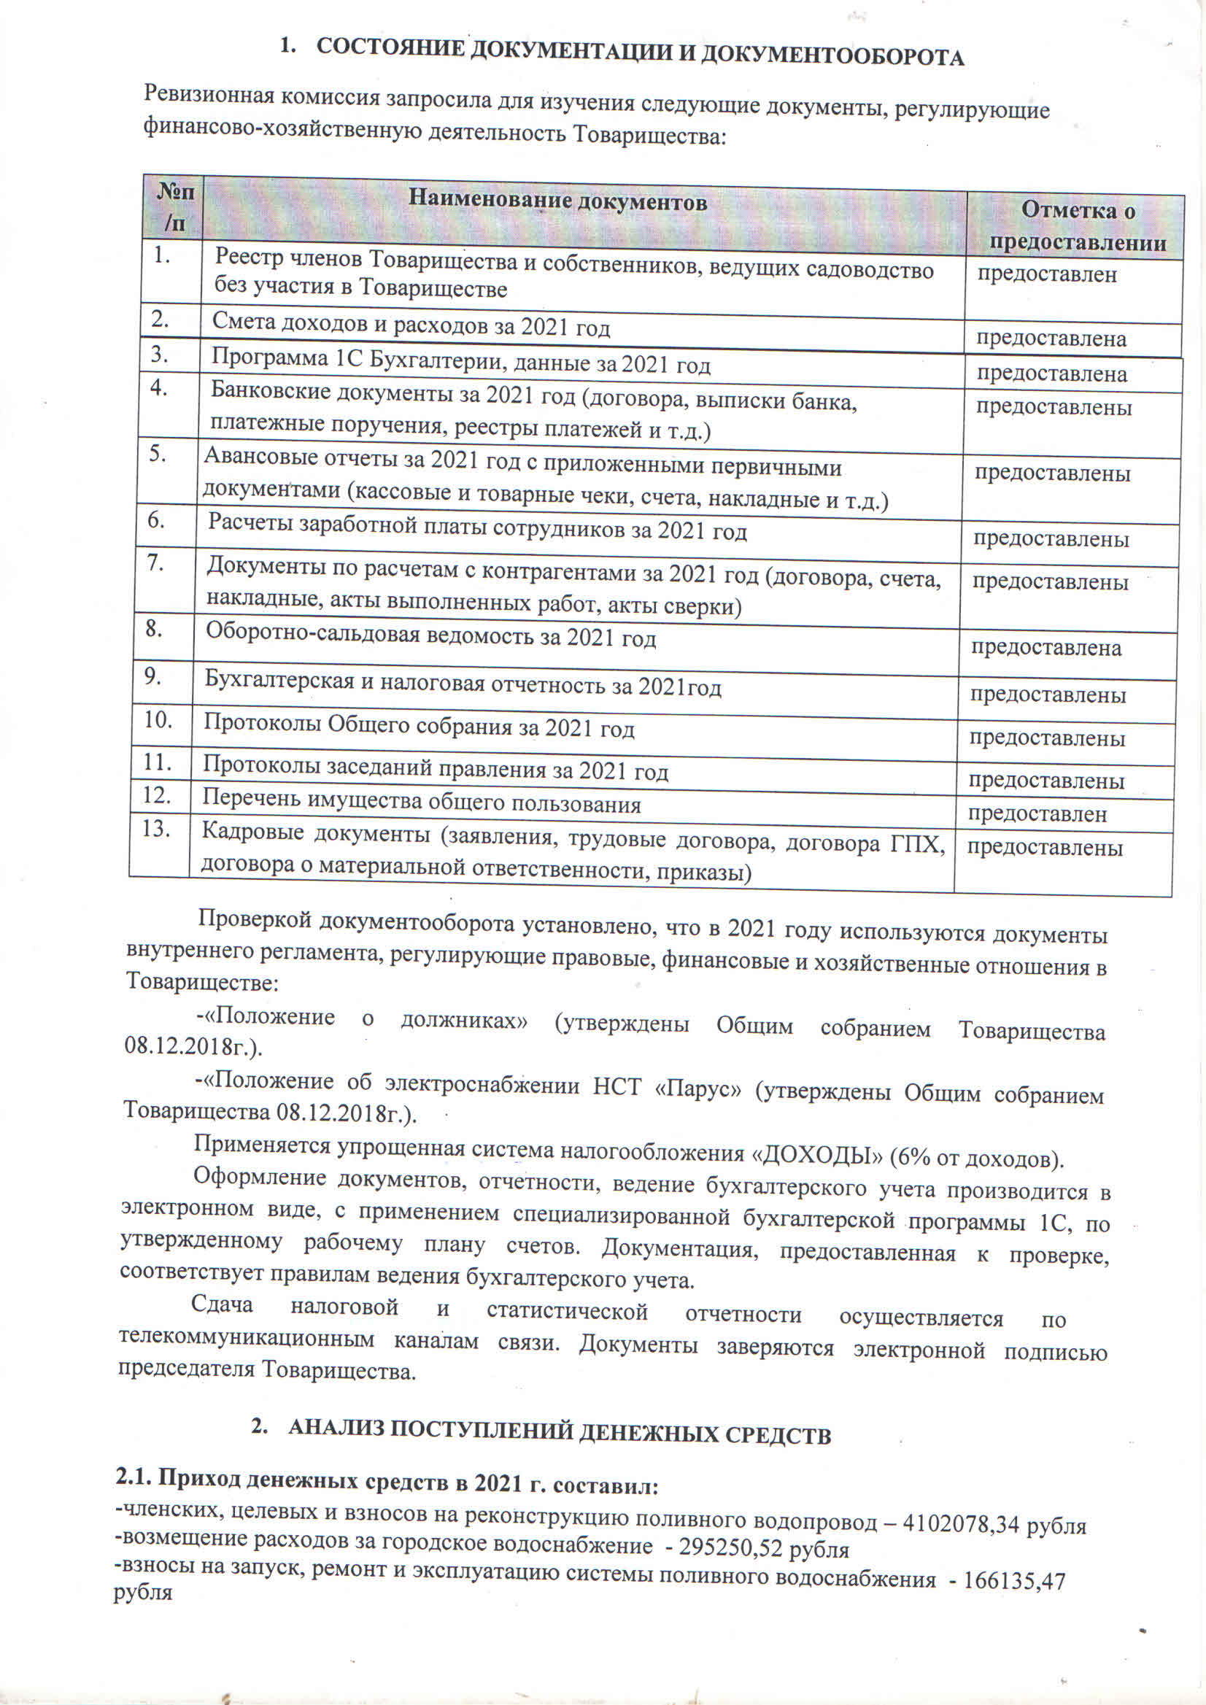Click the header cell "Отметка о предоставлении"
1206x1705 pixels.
click(x=1078, y=225)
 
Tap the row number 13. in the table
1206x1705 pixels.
click(x=157, y=829)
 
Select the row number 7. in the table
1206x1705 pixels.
click(x=155, y=564)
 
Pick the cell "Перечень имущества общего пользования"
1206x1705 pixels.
click(x=421, y=801)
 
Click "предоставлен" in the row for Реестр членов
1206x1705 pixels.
click(x=1046, y=274)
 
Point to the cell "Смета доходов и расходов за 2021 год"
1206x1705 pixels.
click(x=411, y=325)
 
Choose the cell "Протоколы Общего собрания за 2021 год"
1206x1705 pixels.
click(x=419, y=725)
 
